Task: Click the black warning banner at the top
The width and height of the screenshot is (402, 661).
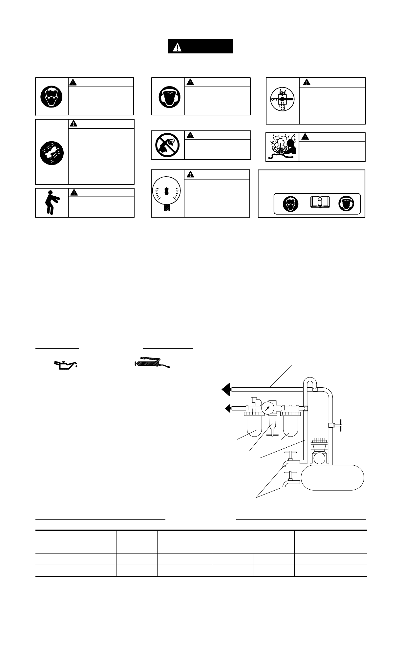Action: [x=200, y=47]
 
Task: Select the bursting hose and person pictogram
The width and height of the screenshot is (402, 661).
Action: [x=283, y=147]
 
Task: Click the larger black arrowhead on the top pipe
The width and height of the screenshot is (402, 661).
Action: [x=226, y=390]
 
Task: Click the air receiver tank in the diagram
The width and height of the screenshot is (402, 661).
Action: [x=332, y=477]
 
